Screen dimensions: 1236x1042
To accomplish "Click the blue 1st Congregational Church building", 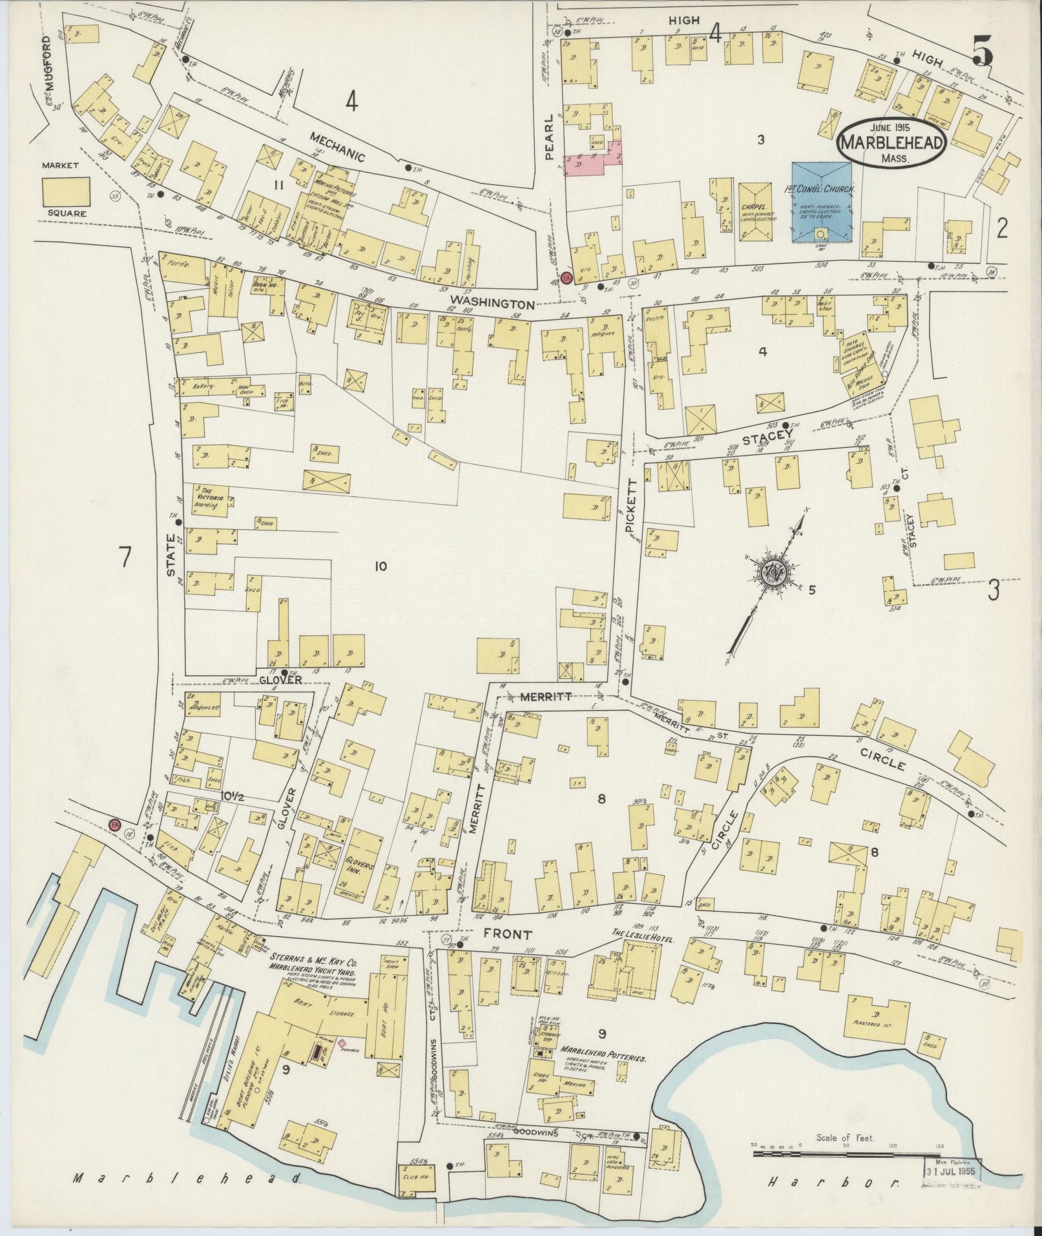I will pos(821,202).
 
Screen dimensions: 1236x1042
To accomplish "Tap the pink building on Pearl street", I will pos(593,160).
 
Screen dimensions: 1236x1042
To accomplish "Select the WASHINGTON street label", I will pos(492,302).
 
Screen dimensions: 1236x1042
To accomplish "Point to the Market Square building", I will pos(66,192).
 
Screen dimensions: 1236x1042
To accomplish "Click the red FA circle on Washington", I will pos(567,278).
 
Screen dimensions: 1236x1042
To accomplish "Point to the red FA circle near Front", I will pos(115,825).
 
